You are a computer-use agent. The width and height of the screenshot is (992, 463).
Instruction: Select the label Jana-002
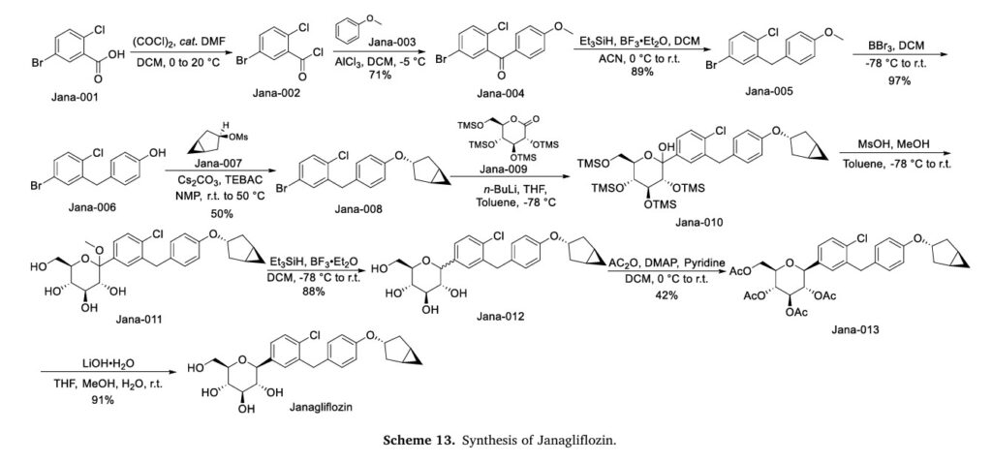[x=276, y=94]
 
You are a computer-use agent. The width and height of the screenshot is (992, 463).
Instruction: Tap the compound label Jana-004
[x=501, y=94]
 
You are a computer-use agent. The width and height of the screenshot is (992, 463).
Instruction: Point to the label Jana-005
[x=768, y=90]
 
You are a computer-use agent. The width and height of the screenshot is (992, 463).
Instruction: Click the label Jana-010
[x=698, y=222]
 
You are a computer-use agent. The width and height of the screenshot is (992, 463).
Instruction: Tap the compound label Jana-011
[x=139, y=319]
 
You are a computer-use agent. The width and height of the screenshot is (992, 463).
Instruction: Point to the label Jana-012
[x=501, y=316]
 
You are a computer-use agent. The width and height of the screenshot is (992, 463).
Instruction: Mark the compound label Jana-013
[x=855, y=329]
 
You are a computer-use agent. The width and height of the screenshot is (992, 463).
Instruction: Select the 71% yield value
[x=382, y=76]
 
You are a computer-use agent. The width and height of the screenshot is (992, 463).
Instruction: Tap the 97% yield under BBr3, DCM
[x=898, y=80]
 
